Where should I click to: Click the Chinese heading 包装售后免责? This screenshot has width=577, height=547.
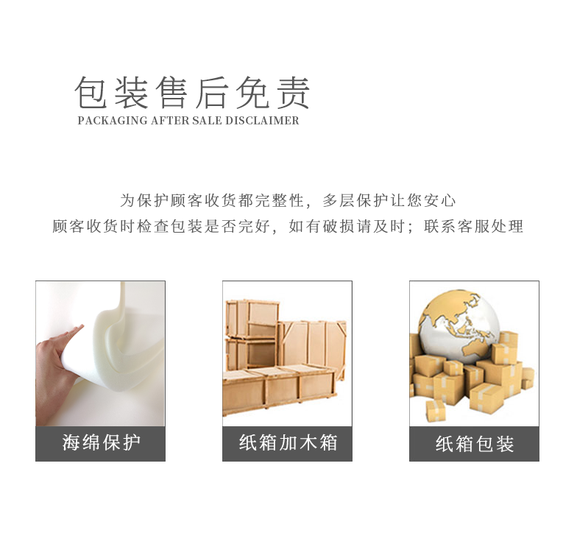pos(191,93)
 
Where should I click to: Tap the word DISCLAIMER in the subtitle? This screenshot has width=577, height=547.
pos(262,121)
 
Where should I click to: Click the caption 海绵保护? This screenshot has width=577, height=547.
pos(101,442)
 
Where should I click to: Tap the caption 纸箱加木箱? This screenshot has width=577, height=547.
pos(288,442)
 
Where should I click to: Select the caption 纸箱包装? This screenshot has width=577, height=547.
pos(474,443)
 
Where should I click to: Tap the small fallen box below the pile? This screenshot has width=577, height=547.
pos(436,411)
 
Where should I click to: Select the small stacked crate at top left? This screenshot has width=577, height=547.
pos(252,319)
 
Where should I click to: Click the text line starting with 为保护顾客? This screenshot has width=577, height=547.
pos(288,201)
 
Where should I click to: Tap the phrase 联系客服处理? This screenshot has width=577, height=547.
pos(473,226)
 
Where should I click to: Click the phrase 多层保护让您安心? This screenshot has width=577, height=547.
pos(389,201)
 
